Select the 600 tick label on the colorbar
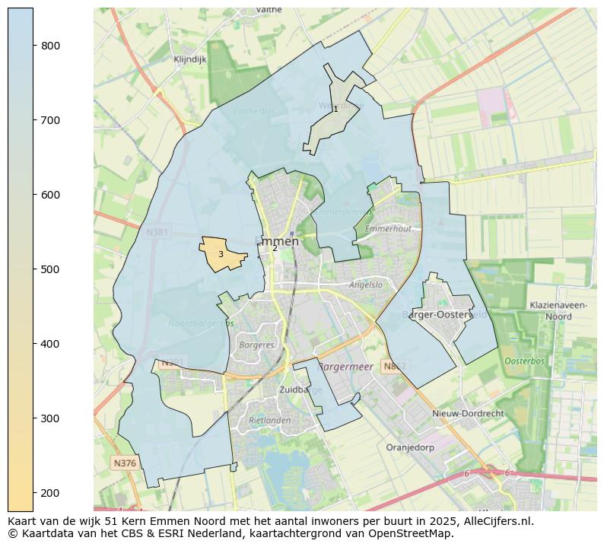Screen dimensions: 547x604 (51, 195)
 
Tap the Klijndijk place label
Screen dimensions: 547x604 (189, 59)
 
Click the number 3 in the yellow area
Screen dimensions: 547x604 (221, 255)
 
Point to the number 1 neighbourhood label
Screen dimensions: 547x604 (335, 110)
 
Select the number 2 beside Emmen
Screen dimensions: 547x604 (275, 249)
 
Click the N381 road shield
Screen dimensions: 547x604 (157, 231)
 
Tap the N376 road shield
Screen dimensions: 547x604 (124, 463)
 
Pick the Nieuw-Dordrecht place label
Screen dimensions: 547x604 (468, 413)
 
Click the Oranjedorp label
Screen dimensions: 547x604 (410, 447)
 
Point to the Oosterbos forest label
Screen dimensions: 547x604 (525, 361)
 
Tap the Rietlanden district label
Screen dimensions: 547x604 (270, 420)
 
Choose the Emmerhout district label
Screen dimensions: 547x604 (388, 228)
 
